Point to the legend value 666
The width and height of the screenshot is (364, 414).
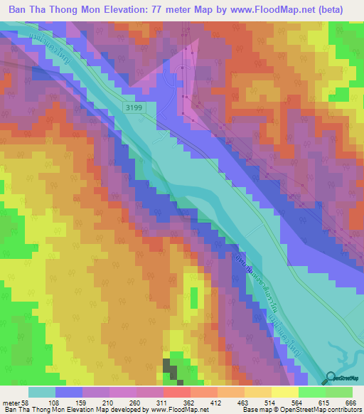[350, 403]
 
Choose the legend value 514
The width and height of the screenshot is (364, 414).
[268, 403]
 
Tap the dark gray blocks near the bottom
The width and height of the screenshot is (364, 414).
[171, 368]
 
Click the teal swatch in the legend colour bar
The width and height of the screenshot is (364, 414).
[42, 392]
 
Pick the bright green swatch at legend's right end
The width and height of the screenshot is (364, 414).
[339, 392]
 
